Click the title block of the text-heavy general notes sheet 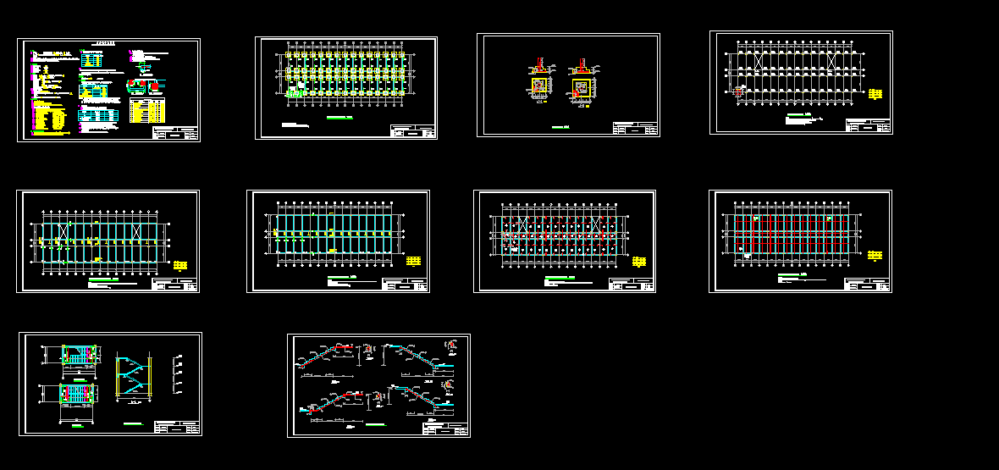tap(175, 133)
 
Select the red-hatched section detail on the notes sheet tap(156, 85)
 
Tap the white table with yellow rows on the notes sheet tap(147, 110)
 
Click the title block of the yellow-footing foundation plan tap(412, 130)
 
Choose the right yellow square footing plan tap(581, 86)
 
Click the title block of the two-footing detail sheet tap(635, 128)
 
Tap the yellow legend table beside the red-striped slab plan tap(875, 254)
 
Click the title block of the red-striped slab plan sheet tap(868, 285)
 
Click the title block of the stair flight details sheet tap(445, 429)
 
